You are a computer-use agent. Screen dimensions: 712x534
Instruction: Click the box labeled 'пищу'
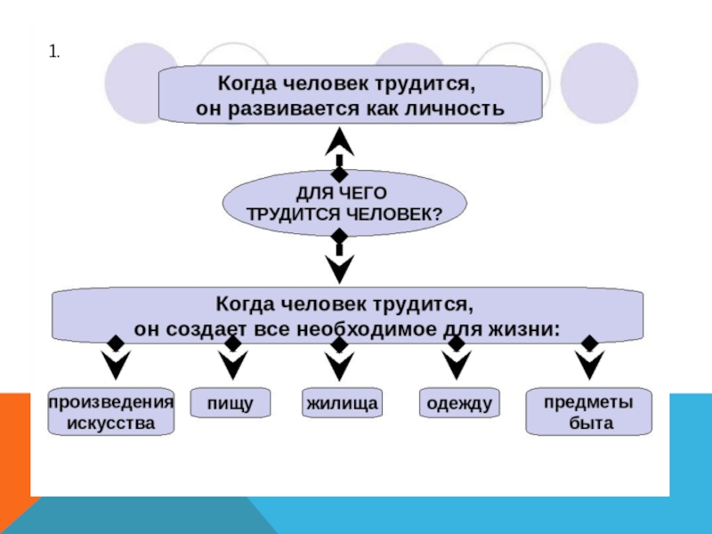pos(231,402)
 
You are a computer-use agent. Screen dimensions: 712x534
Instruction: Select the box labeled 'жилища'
pos(342,402)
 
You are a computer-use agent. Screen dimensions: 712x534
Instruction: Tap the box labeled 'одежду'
pos(459,402)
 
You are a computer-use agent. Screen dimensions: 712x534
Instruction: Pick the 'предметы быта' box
pos(589,411)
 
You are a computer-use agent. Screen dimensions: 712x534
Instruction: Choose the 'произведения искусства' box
pos(111,411)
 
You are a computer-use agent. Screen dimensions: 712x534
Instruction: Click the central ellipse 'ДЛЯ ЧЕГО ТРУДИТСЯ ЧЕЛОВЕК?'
pos(344,203)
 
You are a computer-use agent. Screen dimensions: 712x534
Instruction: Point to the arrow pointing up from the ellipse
pos(339,154)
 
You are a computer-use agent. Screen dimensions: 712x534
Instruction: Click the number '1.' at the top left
pos(54,52)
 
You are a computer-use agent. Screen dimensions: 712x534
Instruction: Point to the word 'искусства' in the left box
pos(111,424)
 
